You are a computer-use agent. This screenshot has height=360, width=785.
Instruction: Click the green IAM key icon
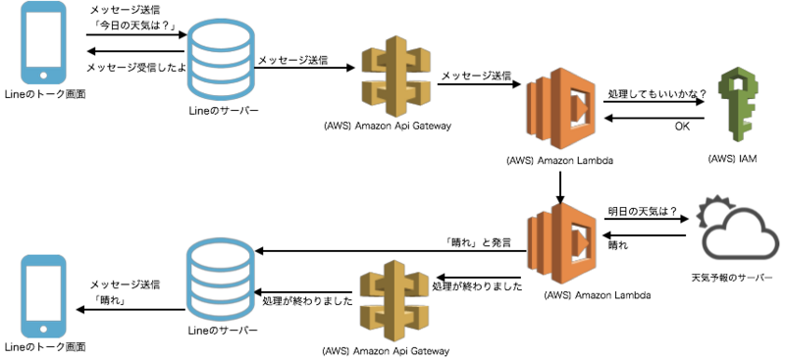pos(737,106)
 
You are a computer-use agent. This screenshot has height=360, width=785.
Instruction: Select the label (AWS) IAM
pos(731,159)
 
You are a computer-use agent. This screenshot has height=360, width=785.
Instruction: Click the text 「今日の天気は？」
pos(133,26)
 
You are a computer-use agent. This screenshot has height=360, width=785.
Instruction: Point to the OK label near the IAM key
pos(682,127)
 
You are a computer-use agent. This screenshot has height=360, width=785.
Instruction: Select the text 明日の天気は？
pos(642,211)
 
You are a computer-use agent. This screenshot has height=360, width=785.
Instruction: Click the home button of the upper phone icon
pos(43,75)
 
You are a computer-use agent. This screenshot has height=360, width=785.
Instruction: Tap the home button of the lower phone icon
pos(43,329)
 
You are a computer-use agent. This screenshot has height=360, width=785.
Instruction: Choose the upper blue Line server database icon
pos(221,56)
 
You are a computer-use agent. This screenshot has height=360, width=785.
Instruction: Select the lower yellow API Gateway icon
pos(395,300)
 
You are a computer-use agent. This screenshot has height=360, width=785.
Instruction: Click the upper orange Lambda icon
pos(560,108)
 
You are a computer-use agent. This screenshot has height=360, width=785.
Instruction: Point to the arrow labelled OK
pos(654,119)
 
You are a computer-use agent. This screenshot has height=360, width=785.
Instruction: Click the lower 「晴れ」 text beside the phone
pos(110,302)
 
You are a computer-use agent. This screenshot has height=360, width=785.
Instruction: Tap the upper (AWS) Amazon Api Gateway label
pos(387,126)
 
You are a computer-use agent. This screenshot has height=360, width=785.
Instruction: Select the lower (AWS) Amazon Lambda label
pos(598,295)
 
